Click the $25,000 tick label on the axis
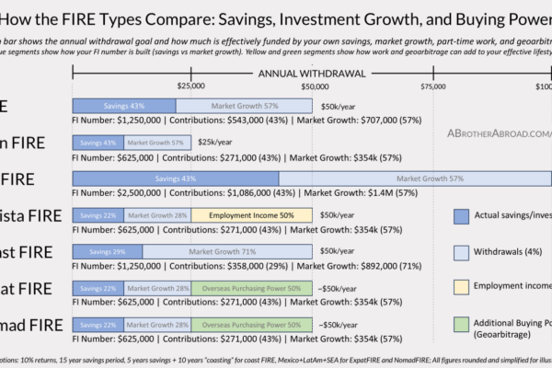[x=190, y=86]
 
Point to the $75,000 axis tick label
[x=432, y=86]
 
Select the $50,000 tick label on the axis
[x=312, y=86]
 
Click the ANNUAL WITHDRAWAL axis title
[x=312, y=73]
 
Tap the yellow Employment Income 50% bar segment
[x=251, y=215]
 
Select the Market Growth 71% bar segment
[x=227, y=251]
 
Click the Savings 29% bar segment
[x=107, y=251]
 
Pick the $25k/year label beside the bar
[x=214, y=143]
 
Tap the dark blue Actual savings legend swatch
[x=464, y=215]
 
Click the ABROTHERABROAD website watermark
[x=497, y=132]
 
